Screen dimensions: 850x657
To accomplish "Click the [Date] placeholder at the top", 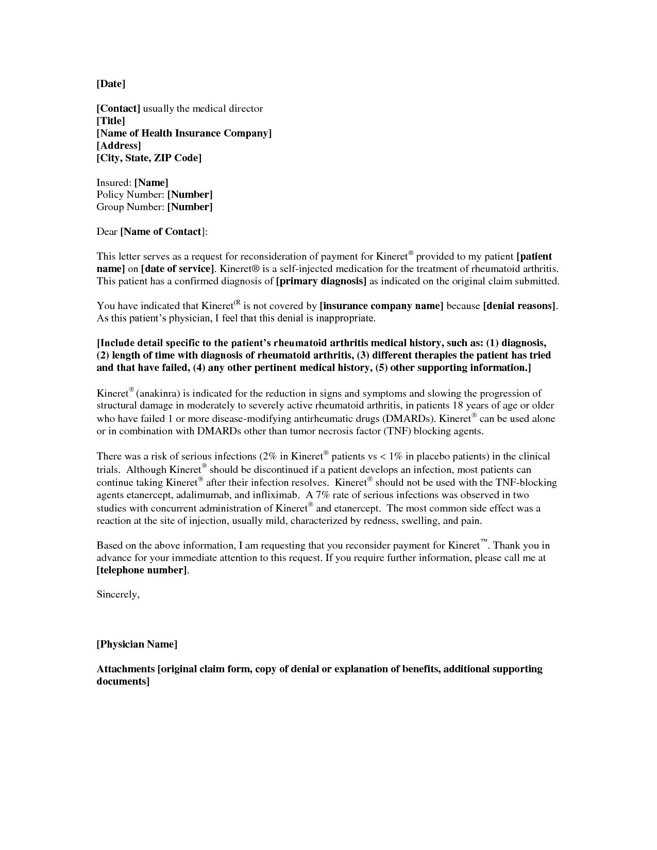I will point(111,83).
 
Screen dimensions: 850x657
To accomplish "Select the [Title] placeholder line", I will point(111,121).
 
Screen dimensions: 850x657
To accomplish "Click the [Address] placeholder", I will point(119,146).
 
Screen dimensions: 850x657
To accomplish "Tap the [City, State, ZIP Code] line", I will point(149,158).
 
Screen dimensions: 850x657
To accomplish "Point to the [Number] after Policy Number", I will point(190,195).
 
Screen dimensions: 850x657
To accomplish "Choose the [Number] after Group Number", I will point(190,207).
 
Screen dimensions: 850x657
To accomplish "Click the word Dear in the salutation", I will point(107,232).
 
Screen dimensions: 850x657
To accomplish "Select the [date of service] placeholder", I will point(177,269).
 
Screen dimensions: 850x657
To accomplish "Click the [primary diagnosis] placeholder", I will point(321,281).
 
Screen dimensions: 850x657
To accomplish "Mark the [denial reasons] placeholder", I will point(519,306).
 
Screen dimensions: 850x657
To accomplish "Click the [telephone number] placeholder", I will point(142,570).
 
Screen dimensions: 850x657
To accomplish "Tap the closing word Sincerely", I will point(117,594).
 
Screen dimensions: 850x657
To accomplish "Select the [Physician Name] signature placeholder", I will point(137,644).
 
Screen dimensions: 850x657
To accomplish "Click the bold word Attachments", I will point(126,669).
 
